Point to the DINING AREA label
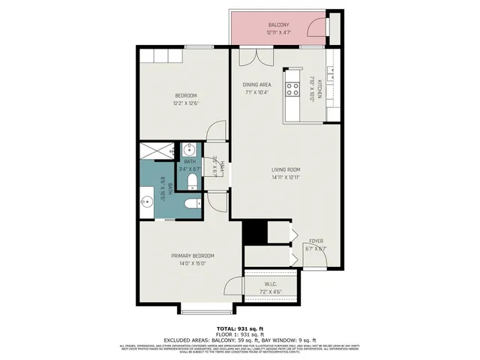tap(256, 85)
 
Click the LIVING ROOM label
tap(286, 169)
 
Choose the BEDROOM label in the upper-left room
tap(186, 95)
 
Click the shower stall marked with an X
tap(158, 149)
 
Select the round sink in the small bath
tap(187, 150)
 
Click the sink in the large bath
tap(145, 201)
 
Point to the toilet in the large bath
tap(191, 203)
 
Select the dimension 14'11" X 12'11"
tap(286, 178)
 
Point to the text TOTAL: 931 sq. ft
tap(240, 329)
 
